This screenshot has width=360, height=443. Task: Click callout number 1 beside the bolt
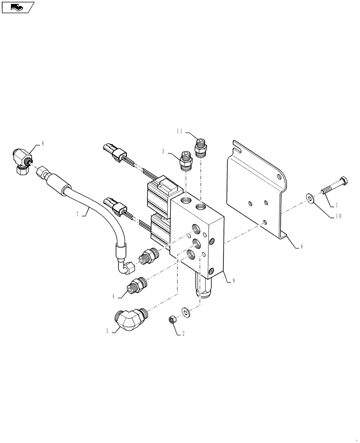pyautogui.click(x=337, y=205)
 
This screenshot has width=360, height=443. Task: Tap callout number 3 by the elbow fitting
pyautogui.click(x=106, y=330)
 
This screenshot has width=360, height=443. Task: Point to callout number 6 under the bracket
pyautogui.click(x=302, y=247)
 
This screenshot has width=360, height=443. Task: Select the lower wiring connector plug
pyautogui.click(x=115, y=206)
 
